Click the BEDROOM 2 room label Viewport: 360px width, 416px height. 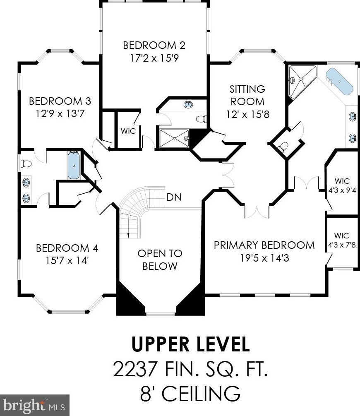click(154, 46)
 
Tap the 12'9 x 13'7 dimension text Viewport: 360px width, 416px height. click(60, 114)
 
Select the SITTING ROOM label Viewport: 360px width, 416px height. click(247, 95)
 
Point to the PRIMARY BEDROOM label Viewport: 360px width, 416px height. click(264, 245)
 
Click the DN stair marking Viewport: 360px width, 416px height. click(174, 197)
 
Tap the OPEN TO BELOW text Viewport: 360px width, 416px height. click(160, 260)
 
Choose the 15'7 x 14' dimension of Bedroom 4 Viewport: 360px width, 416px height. click(67, 260)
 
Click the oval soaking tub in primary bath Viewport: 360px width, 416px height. click(340, 82)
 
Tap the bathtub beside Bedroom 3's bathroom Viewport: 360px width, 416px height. click(74, 166)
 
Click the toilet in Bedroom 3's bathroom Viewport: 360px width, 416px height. click(26, 164)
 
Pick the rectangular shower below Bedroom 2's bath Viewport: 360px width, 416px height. click(174, 138)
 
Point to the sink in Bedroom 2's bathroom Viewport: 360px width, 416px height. click(188, 104)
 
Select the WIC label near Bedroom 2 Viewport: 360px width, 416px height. click(128, 131)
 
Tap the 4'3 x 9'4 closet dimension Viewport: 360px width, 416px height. click(342, 190)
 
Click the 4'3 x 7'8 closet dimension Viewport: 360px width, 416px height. click(342, 245)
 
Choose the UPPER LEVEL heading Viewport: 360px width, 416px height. click(190, 344)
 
